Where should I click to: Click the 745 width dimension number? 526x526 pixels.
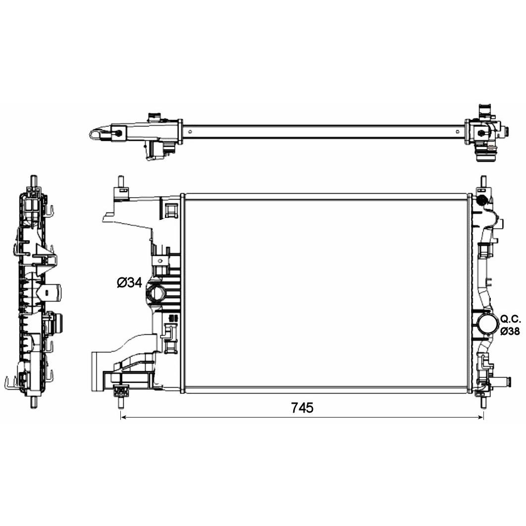click(x=302, y=408)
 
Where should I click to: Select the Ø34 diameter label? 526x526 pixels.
click(x=129, y=282)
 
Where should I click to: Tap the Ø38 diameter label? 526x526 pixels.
click(x=510, y=331)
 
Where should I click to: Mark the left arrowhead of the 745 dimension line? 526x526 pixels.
click(x=123, y=417)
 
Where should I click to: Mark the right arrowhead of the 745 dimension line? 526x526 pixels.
click(x=480, y=417)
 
